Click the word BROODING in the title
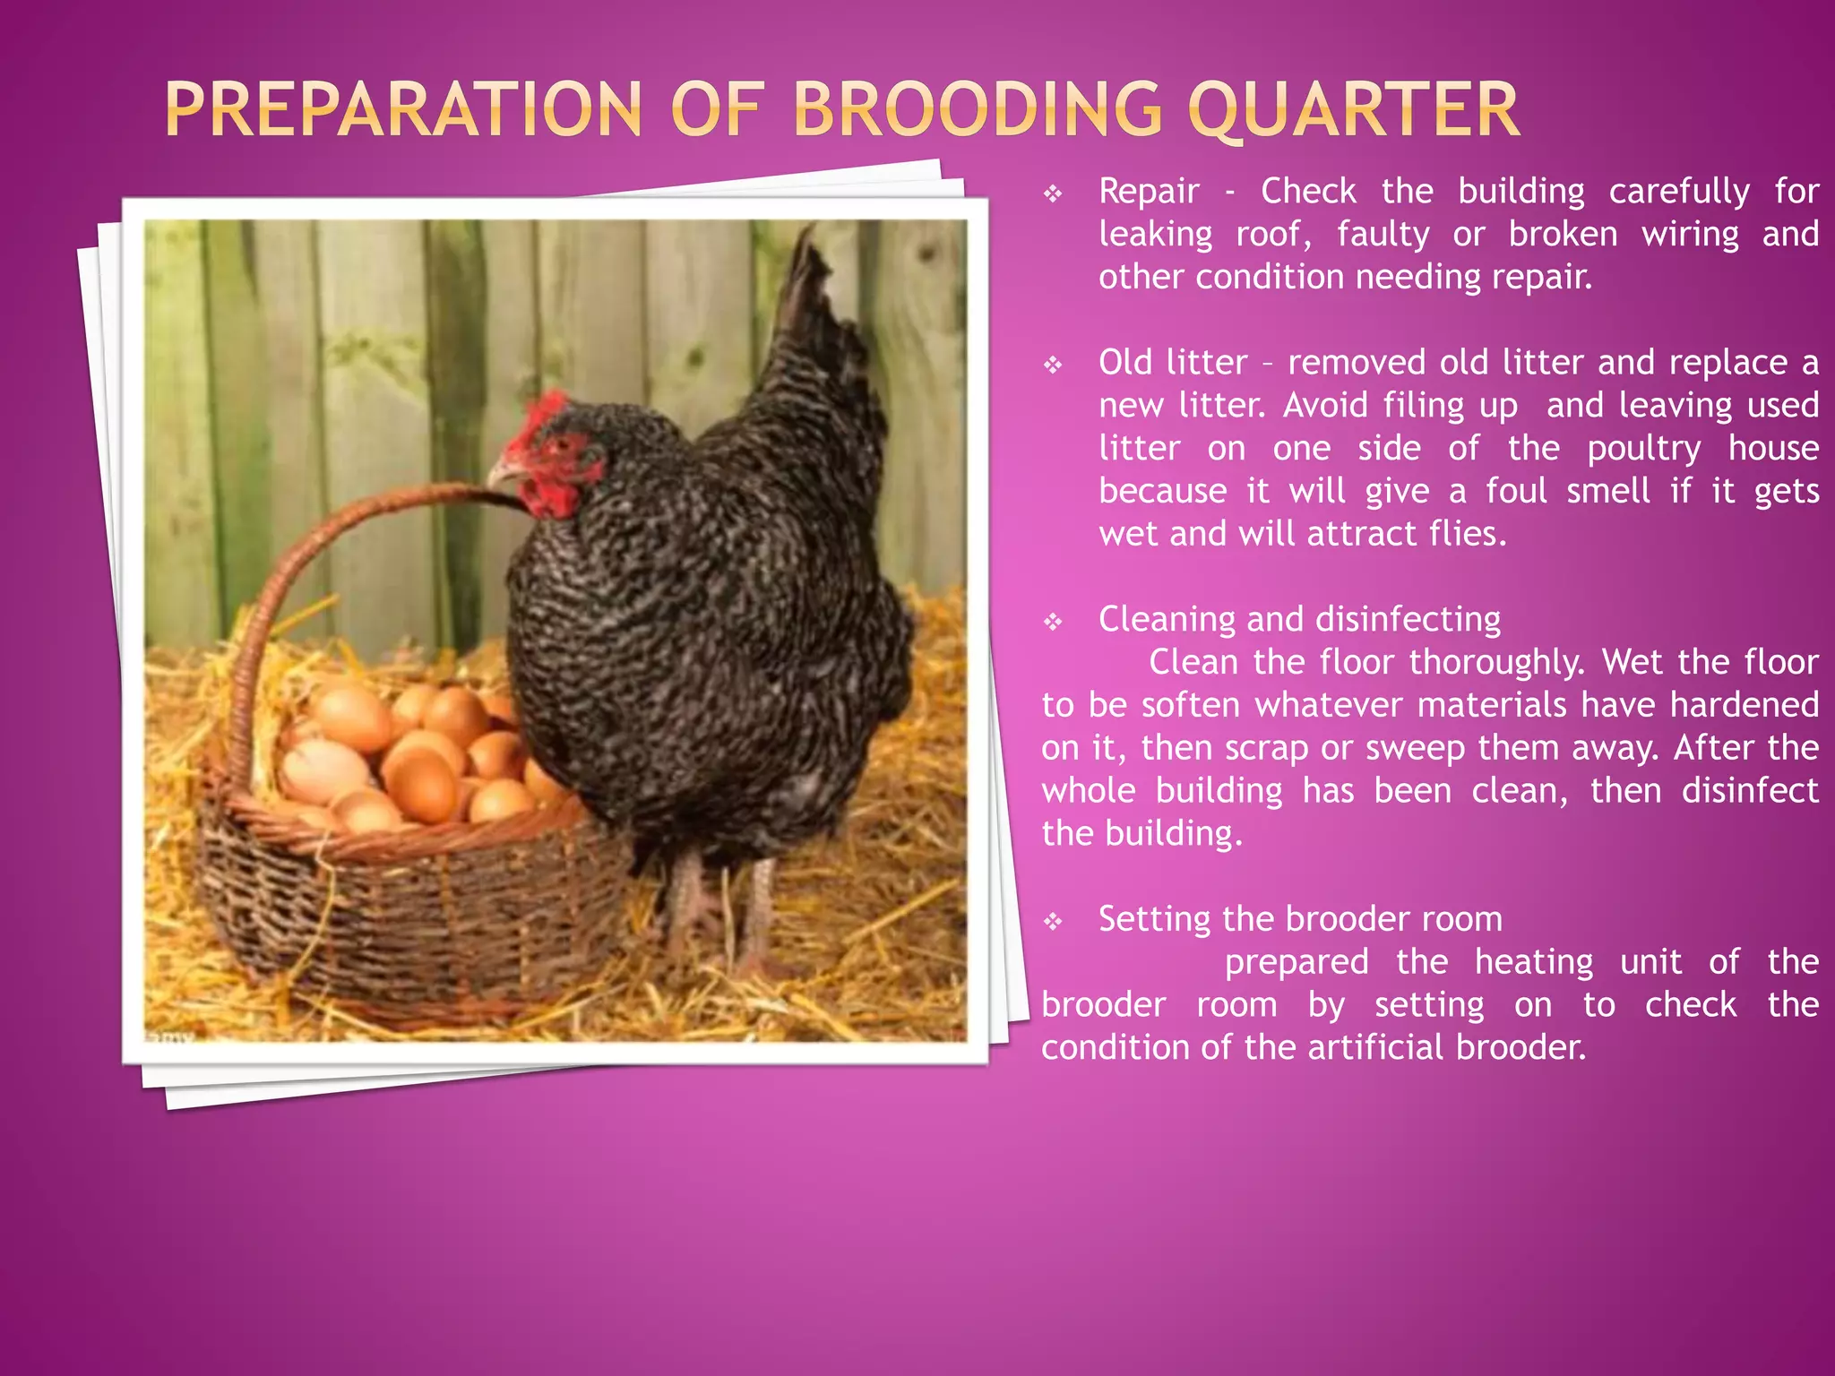(978, 109)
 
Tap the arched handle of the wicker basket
(296, 573)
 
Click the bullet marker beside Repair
(1054, 193)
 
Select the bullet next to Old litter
(1054, 365)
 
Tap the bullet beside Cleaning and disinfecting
(1054, 622)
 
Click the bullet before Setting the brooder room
(1054, 921)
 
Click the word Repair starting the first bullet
(1149, 192)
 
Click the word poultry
(1643, 449)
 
